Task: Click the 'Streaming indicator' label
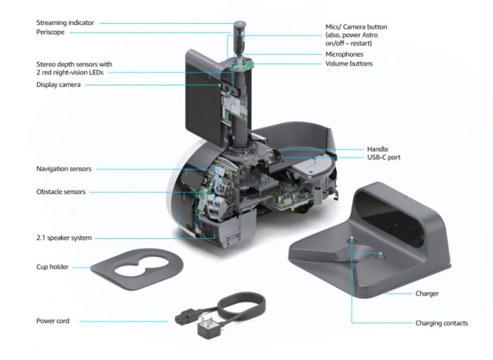click(65, 23)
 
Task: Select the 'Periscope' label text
click(51, 32)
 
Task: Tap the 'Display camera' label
click(58, 85)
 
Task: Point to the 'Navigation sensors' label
click(64, 169)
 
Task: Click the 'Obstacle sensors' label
click(61, 192)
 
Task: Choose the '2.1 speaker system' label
click(64, 238)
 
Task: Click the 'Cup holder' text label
click(53, 267)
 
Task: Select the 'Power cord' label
click(53, 320)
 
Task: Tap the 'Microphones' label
click(345, 55)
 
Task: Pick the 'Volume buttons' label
click(349, 64)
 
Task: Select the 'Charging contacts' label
click(442, 323)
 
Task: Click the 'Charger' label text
click(427, 294)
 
